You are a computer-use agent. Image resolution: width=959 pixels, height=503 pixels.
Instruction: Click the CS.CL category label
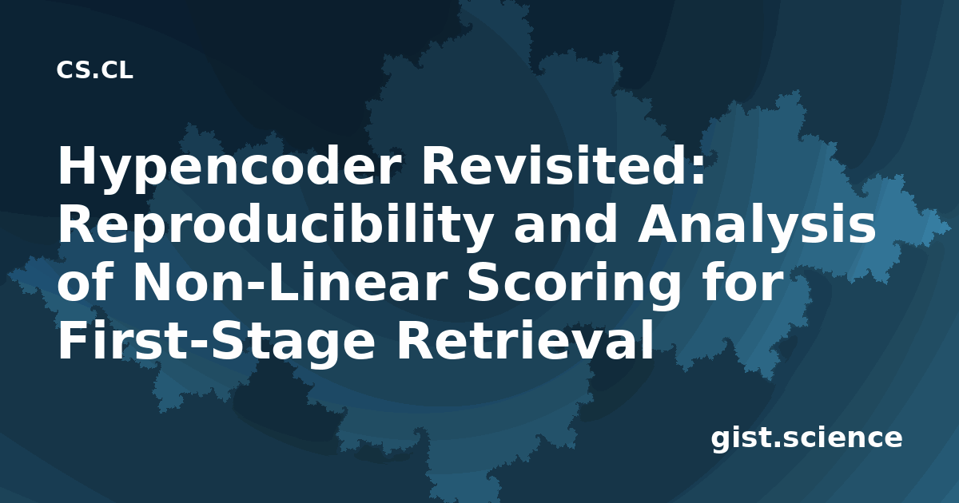94,70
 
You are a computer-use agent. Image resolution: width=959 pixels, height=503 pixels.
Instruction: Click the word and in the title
566,224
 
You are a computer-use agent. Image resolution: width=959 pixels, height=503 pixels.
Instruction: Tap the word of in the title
86,283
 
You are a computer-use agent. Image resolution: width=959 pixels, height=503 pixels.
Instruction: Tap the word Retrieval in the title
525,341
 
